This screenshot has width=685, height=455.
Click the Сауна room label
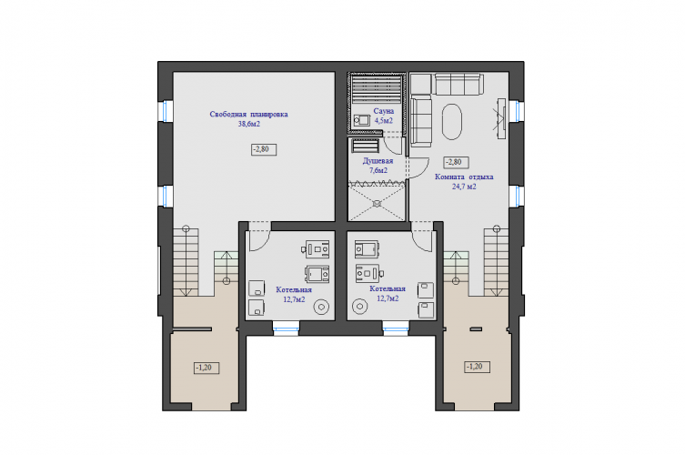[384, 111]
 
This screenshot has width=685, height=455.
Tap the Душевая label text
[378, 161]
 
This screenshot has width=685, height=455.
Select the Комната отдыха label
[464, 177]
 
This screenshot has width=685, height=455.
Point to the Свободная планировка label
[248, 115]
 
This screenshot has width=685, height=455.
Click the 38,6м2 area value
[249, 124]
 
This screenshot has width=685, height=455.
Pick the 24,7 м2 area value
[464, 187]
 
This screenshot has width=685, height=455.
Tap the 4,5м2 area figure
[384, 121]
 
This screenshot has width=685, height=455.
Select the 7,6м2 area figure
[378, 170]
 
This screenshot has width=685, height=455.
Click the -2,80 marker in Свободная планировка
[264, 149]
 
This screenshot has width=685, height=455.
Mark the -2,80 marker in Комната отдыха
[457, 162]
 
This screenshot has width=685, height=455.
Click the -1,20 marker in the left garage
[207, 368]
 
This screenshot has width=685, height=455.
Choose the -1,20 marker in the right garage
[477, 367]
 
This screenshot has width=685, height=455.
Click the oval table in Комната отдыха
[452, 122]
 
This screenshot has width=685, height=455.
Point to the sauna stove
[362, 120]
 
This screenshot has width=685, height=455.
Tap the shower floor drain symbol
[377, 203]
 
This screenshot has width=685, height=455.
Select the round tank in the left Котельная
[321, 307]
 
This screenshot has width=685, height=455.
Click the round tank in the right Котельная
[360, 306]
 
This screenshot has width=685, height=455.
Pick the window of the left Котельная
[287, 329]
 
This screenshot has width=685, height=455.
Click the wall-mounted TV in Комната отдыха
[500, 119]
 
